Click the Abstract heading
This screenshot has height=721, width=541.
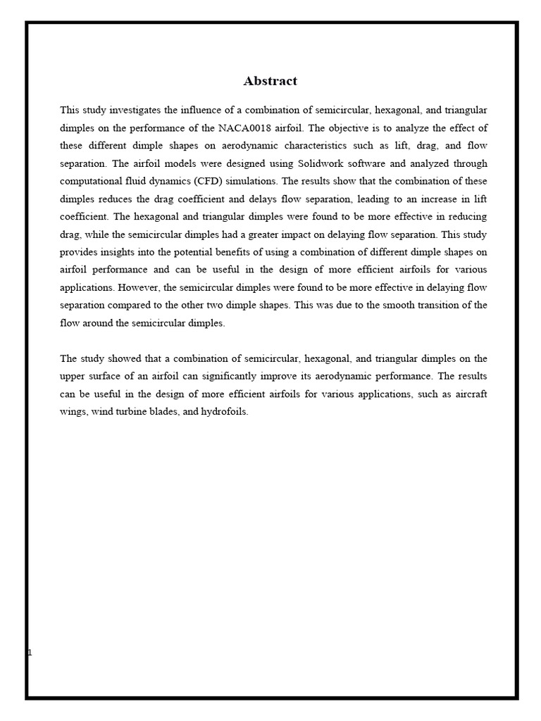point(270,81)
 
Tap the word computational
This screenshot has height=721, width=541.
point(89,181)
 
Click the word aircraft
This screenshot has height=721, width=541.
point(470,394)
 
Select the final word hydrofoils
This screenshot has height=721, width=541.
point(228,412)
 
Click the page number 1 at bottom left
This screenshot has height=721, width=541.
point(30,653)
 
